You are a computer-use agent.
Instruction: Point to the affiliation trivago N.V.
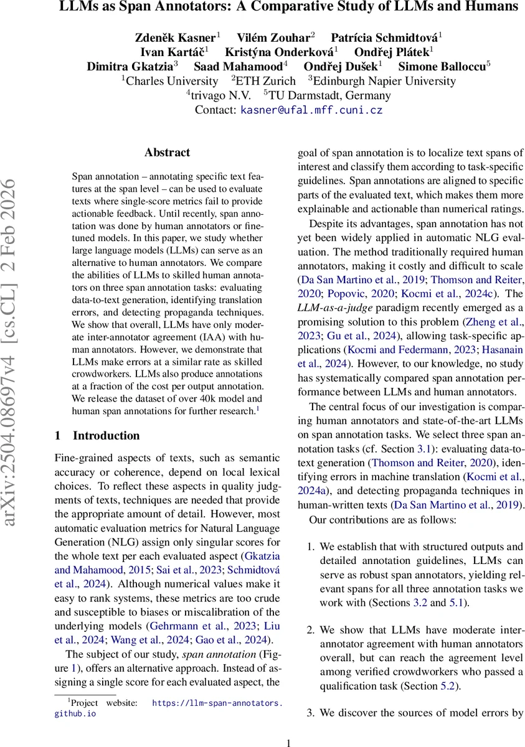[221, 95]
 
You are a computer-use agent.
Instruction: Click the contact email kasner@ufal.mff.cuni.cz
[311, 110]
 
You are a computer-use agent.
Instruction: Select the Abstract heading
[167, 153]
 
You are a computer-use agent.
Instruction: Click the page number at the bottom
[288, 742]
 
